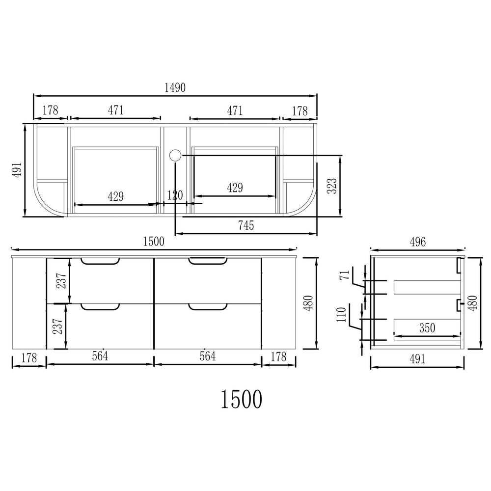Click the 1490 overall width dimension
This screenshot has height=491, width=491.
click(x=175, y=88)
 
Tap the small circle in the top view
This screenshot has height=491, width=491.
click(x=175, y=155)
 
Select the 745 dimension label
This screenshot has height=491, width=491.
click(x=246, y=225)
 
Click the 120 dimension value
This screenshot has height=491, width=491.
click(x=175, y=195)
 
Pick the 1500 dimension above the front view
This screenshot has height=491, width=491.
click(x=153, y=242)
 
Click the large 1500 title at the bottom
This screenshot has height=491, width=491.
click(x=242, y=399)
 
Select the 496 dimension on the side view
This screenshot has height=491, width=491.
click(x=418, y=242)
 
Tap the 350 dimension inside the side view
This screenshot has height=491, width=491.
click(x=427, y=328)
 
